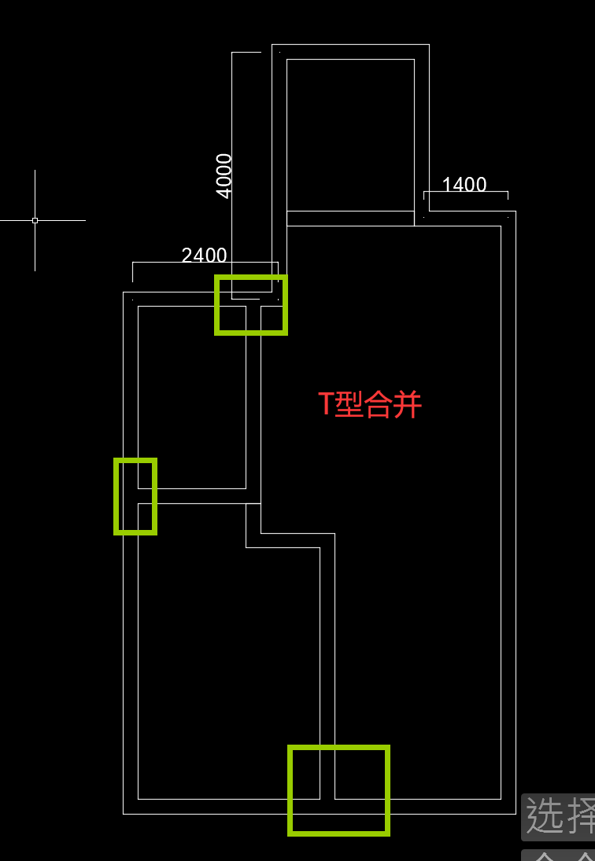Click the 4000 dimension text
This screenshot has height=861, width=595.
224,175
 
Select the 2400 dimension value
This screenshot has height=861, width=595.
204,256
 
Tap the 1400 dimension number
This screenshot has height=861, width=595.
464,185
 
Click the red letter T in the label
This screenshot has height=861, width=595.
326,404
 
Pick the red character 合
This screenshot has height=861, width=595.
377,404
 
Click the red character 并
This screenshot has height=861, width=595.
407,404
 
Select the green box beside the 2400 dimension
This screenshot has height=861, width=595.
251,305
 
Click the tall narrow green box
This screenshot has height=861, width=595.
135,496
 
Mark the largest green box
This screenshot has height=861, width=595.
338,789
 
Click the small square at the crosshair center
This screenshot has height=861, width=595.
35,220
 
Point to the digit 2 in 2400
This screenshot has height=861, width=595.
187,256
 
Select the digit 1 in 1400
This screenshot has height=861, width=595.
447,185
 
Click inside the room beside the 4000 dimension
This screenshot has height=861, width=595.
350,134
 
